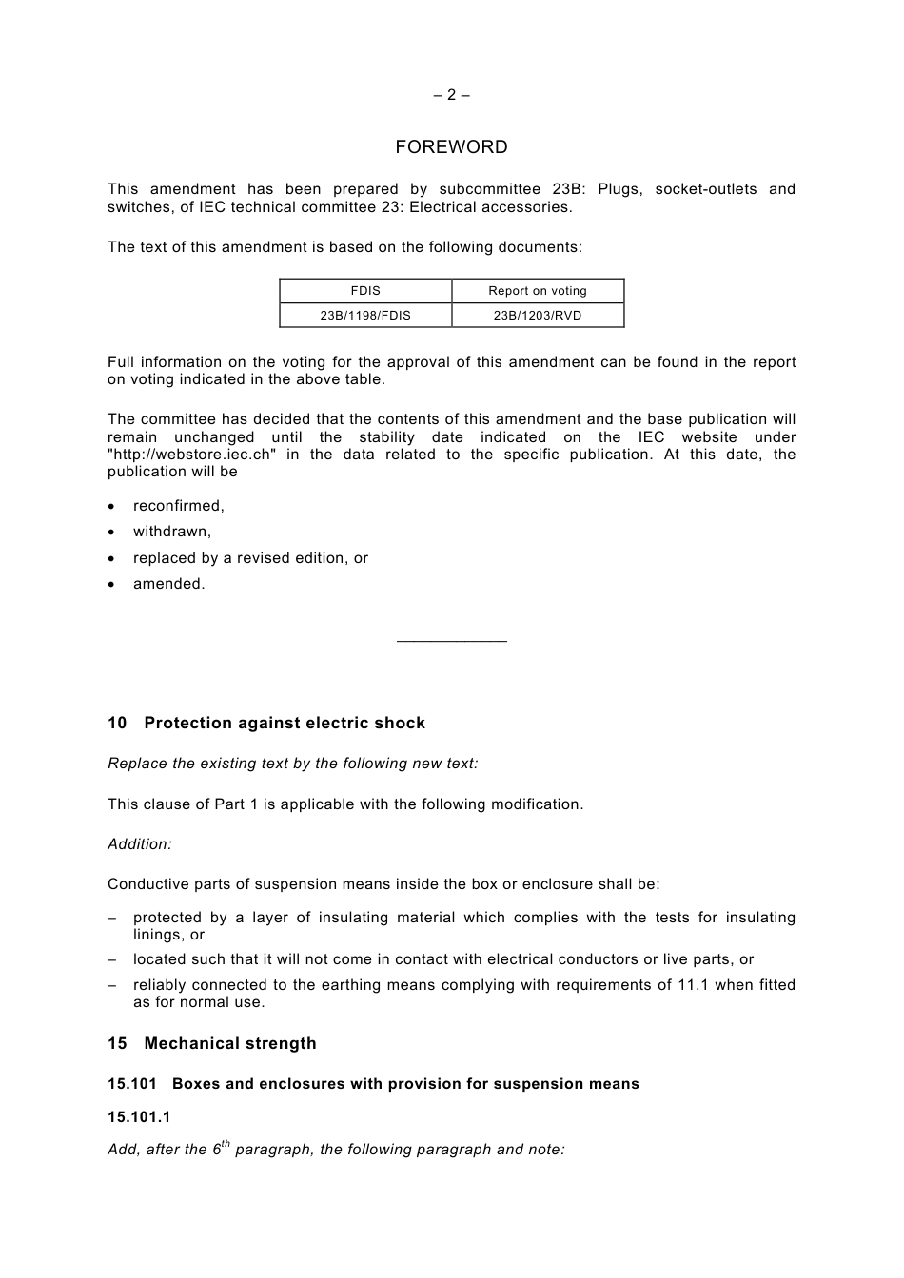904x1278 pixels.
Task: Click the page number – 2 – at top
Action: click(451, 95)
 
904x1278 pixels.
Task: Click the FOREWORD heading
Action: click(451, 147)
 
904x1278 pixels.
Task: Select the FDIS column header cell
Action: click(365, 291)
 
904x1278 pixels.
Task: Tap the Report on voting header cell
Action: click(538, 291)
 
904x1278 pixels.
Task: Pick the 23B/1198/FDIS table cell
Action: click(365, 316)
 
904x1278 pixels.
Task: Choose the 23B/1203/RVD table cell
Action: click(538, 316)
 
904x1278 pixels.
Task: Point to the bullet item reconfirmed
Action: click(179, 506)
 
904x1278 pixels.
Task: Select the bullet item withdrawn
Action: click(172, 532)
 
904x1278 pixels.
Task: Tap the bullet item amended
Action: click(169, 584)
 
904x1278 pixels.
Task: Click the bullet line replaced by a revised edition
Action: click(250, 558)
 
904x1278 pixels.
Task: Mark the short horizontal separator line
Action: click(451, 642)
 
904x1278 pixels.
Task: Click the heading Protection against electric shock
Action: click(285, 724)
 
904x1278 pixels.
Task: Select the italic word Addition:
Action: click(140, 844)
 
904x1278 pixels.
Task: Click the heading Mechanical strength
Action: click(230, 1044)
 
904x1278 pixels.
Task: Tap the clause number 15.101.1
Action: click(139, 1117)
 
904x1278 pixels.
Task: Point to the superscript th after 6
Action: click(226, 1144)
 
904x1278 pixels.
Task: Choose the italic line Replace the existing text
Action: click(293, 764)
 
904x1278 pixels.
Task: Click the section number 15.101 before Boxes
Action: click(132, 1084)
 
